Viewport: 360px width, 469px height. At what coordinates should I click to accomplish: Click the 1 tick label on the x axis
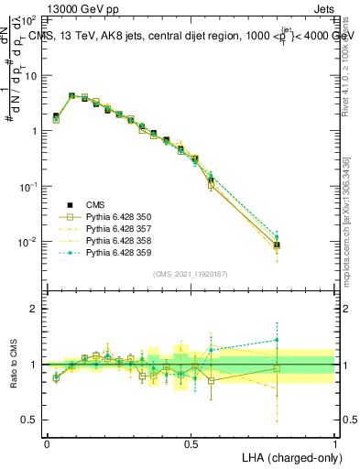334,442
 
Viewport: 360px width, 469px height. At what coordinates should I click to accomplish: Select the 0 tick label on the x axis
47,442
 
